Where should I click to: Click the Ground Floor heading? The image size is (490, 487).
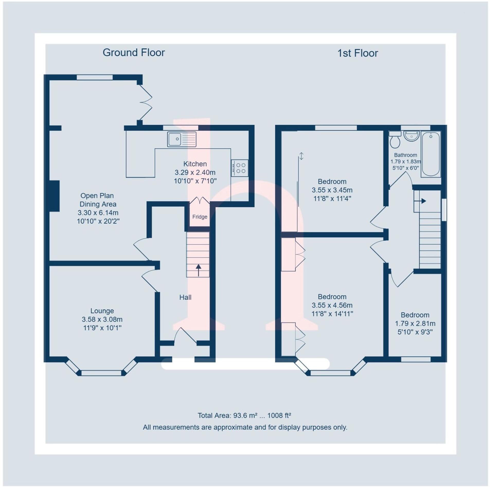(133, 52)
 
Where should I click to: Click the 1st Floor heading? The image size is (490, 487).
(357, 53)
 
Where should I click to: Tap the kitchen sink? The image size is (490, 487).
(181, 139)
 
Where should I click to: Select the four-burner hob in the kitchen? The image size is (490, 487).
(239, 168)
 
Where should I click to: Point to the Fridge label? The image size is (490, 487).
(200, 217)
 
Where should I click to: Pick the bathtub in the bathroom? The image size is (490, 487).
(431, 154)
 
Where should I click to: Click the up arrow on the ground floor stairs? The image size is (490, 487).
(198, 270)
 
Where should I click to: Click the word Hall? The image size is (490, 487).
(185, 297)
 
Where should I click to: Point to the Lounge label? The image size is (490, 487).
(102, 311)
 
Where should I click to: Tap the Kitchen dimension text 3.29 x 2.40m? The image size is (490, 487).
(195, 172)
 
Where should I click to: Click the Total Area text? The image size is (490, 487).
(244, 416)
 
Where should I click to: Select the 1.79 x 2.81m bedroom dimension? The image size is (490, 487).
(415, 323)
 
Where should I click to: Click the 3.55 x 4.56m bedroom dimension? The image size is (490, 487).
(332, 305)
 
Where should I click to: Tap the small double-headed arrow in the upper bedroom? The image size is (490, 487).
(301, 156)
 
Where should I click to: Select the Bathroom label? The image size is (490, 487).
(405, 155)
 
